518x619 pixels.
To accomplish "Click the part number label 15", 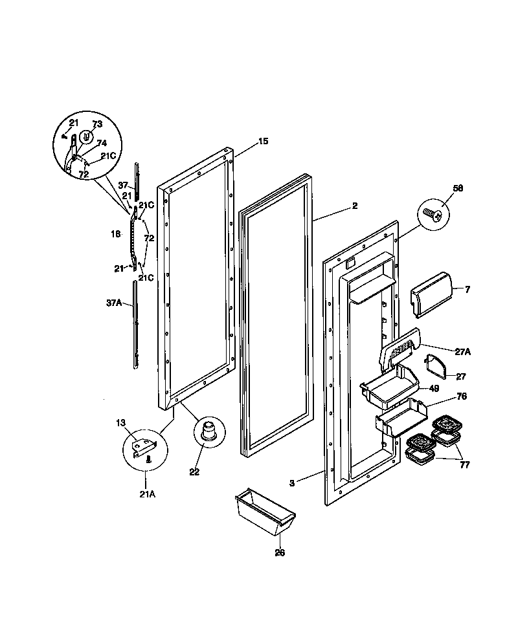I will [x=245, y=142].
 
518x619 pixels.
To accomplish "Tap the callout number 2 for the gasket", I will [x=354, y=206].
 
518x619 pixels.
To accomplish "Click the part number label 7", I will [x=466, y=289].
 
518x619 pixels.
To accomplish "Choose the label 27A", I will [x=462, y=351].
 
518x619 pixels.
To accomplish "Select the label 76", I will [x=462, y=396].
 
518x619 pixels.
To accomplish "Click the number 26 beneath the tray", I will [x=279, y=553].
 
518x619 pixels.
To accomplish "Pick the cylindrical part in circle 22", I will [x=207, y=430].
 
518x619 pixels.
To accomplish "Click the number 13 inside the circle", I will [x=120, y=422].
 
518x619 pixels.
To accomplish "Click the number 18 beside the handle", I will [x=116, y=234].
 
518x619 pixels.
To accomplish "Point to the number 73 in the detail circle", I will [x=96, y=125].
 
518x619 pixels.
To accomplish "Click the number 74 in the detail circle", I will [x=102, y=144].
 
